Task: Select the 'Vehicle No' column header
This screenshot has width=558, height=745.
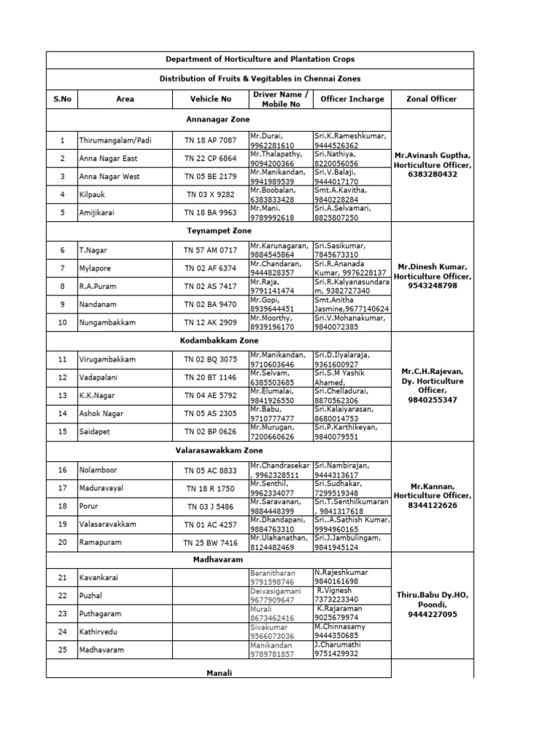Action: (x=210, y=99)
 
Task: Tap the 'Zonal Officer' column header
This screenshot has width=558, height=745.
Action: (x=432, y=99)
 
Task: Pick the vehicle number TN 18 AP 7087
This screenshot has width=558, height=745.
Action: (x=210, y=140)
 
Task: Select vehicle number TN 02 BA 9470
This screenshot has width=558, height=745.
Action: (x=210, y=304)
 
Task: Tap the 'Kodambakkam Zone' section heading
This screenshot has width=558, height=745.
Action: (x=219, y=339)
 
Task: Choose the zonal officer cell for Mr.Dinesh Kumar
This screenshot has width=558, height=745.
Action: (x=432, y=276)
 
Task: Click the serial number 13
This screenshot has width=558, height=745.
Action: (x=62, y=396)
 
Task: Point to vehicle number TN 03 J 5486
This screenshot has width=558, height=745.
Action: (x=210, y=506)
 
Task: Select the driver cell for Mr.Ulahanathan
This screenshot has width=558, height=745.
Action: (x=280, y=542)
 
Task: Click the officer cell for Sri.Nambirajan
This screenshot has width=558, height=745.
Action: (x=351, y=469)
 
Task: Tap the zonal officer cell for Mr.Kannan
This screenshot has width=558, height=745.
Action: (x=432, y=495)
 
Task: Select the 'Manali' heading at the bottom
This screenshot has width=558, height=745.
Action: (x=219, y=674)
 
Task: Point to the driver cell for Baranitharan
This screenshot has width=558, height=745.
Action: (x=280, y=578)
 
